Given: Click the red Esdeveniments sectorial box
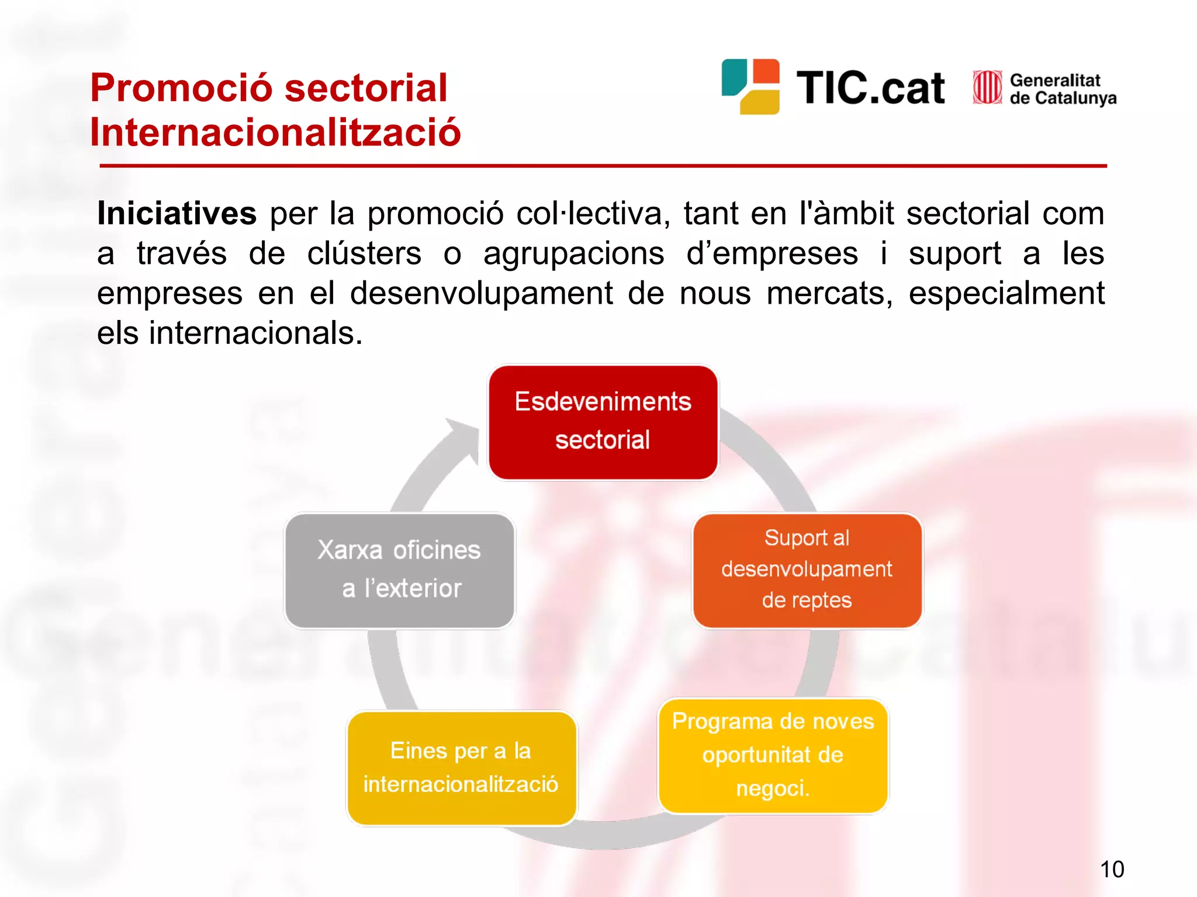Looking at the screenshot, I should (x=603, y=422).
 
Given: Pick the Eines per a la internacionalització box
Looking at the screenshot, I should (x=461, y=767).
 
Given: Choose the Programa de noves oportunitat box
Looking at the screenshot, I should (x=773, y=755).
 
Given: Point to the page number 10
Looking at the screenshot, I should (x=1112, y=870).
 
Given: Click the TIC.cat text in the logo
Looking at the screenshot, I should (x=870, y=89).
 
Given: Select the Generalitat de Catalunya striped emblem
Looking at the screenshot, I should (x=987, y=88).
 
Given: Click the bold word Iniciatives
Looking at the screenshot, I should (x=177, y=213).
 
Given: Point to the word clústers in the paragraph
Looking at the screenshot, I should (x=364, y=254).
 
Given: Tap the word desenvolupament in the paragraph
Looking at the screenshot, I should (x=482, y=293).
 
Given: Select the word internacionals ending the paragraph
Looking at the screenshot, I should (x=255, y=333).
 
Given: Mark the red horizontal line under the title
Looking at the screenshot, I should (x=603, y=166).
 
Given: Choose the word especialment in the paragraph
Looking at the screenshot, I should (x=1006, y=293).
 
